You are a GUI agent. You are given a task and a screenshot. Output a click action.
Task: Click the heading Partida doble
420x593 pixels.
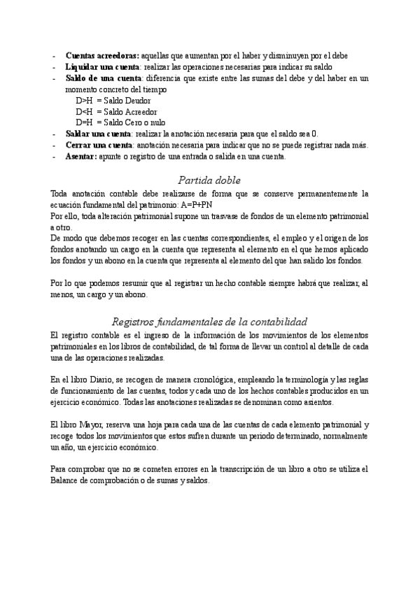click(209, 180)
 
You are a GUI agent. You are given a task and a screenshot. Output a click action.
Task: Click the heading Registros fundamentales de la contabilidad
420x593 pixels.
click(209, 322)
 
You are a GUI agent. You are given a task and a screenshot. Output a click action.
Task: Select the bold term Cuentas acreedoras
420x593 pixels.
click(102, 55)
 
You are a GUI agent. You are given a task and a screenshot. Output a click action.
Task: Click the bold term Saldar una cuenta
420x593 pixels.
click(98, 134)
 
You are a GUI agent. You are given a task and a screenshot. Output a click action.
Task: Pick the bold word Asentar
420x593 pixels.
click(81, 156)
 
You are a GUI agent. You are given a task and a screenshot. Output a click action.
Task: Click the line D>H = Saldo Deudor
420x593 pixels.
click(113, 101)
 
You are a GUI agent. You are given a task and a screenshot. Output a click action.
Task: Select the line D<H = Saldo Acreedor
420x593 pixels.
click(116, 112)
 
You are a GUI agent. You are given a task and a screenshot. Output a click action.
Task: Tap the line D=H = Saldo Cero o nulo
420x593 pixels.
click(121, 122)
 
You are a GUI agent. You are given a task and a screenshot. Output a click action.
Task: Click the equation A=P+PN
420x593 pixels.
click(196, 205)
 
